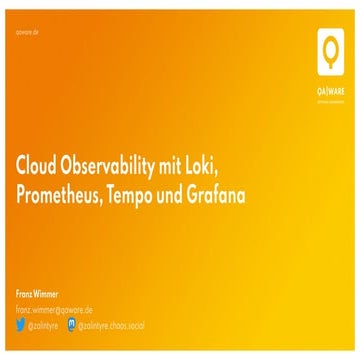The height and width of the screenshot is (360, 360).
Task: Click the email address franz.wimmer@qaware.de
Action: tap(54, 309)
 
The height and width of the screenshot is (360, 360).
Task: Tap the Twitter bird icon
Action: tap(21, 324)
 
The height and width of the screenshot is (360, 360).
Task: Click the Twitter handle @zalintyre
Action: tap(44, 324)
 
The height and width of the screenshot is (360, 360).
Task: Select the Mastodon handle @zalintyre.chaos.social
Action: tap(113, 324)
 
